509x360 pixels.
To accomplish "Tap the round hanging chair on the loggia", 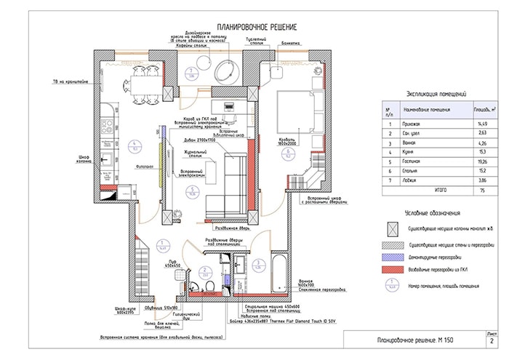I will click(226, 71).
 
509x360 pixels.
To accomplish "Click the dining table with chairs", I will click(138, 84).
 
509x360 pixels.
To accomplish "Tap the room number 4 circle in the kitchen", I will click(133, 144).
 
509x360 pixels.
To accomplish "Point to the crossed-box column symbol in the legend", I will click(393, 228).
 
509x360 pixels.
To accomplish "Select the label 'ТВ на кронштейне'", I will click(68, 81).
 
